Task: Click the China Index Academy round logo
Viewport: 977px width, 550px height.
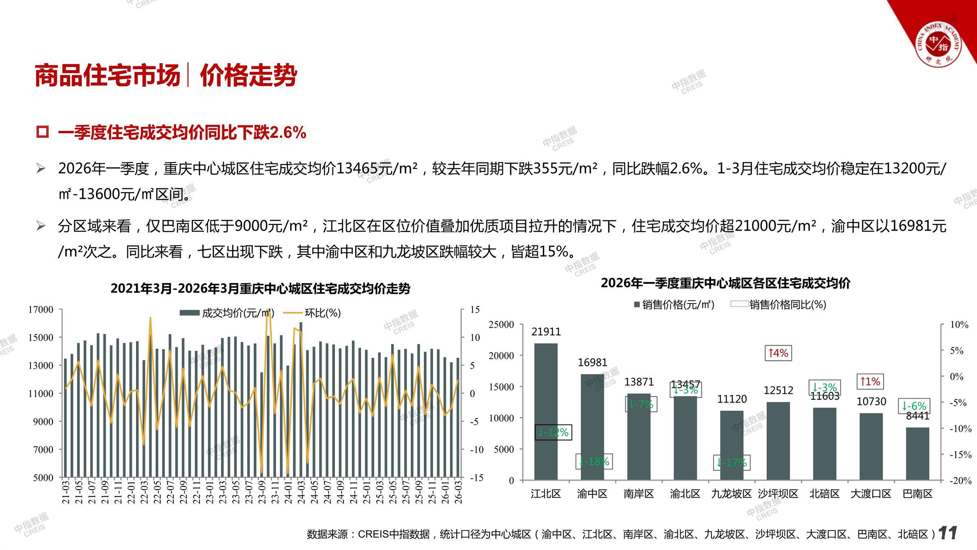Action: (x=938, y=43)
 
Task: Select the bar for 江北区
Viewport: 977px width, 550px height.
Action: (x=545, y=411)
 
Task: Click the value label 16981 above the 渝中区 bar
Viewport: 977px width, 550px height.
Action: (x=592, y=362)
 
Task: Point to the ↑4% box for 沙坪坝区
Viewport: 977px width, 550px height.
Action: (x=778, y=353)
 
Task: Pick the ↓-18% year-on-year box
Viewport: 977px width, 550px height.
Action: (x=594, y=462)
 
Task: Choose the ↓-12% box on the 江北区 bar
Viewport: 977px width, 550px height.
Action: (x=553, y=432)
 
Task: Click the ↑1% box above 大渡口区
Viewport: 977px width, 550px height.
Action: (x=870, y=382)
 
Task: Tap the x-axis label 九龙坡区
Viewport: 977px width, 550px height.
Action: (x=731, y=494)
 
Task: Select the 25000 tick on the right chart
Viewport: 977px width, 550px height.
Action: (x=501, y=325)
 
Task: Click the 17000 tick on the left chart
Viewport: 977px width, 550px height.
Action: (x=41, y=310)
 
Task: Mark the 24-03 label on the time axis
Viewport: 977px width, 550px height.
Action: (x=301, y=492)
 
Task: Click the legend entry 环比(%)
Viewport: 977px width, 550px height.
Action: (x=322, y=313)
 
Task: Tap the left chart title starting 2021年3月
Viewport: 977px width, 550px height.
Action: (x=260, y=288)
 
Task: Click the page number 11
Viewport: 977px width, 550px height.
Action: (x=947, y=533)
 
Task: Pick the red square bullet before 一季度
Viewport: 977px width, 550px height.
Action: (x=42, y=132)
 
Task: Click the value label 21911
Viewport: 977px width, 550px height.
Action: (x=546, y=332)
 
